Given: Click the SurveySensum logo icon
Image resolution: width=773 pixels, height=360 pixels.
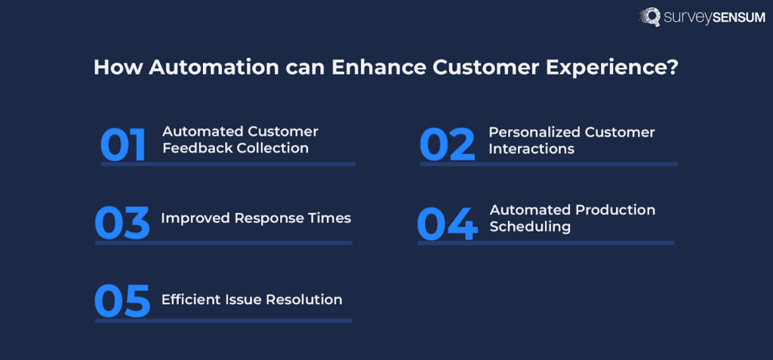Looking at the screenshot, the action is tap(650, 17).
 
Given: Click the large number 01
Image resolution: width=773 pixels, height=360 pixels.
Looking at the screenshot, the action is tap(123, 145).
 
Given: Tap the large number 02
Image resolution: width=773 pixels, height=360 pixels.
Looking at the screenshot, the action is tap(448, 145).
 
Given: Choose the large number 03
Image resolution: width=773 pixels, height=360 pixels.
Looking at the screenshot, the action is tap(122, 223).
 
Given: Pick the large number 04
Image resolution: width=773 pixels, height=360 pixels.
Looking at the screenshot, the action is tap(448, 224).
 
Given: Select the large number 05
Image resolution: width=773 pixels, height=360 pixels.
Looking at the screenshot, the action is tap(122, 301).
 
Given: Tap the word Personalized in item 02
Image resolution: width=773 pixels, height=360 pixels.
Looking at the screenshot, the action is tap(534, 133).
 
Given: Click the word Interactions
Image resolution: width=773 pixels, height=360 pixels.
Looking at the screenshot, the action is tap(531, 149).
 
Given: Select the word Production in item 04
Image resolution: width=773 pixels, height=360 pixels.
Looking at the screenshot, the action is tap(614, 210).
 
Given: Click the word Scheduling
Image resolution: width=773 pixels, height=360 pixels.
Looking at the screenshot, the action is tap(530, 227).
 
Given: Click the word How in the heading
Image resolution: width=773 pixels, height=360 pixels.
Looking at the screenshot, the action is tap(119, 68).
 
